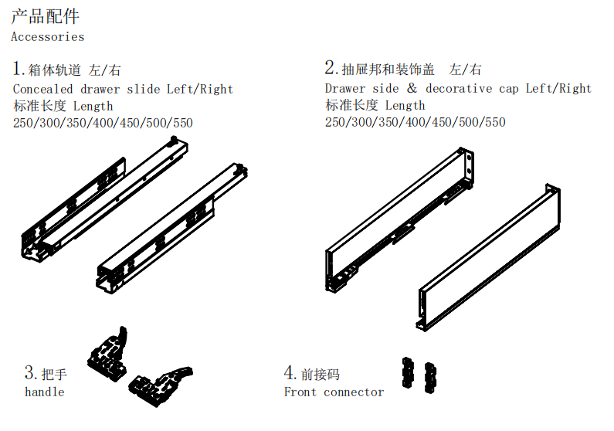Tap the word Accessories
coord(47,36)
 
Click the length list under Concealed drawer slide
coord(103,123)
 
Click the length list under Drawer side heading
coord(415,123)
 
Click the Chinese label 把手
coord(54,375)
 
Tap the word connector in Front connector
coord(354,392)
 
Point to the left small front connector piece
coord(407,372)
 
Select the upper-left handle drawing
coord(108,353)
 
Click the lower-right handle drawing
coord(159,385)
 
